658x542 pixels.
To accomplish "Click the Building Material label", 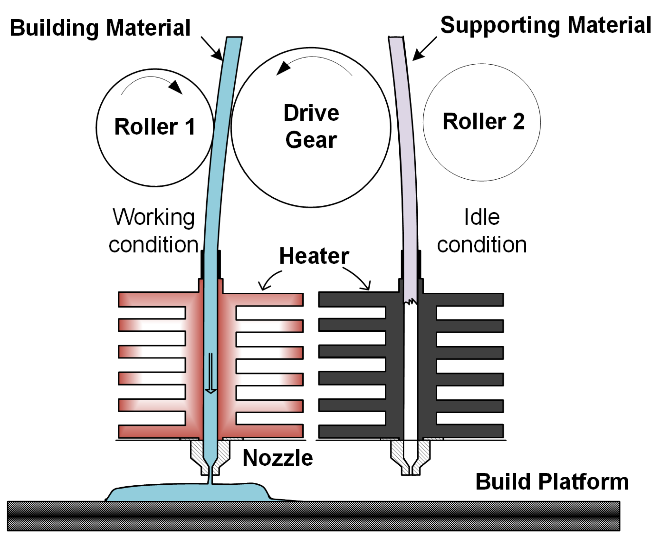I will [x=100, y=28].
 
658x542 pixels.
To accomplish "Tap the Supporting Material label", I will [x=545, y=25].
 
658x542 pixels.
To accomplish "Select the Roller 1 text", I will [x=155, y=127].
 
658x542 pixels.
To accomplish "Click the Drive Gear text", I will [x=311, y=126].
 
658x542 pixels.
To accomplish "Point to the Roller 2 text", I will [x=483, y=121].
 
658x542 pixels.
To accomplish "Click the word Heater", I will [x=314, y=256].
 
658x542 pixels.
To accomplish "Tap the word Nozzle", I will [x=277, y=458].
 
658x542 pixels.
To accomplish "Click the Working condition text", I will [x=154, y=231].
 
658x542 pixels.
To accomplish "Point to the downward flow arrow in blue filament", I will [x=211, y=374].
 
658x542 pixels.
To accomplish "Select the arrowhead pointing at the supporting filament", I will [x=417, y=56].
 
